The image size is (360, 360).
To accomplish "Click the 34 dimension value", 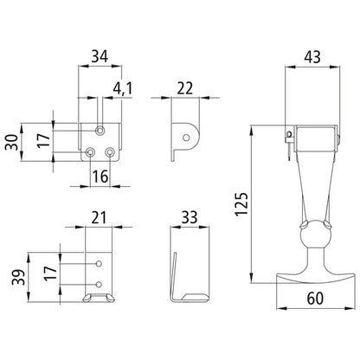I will (99, 58).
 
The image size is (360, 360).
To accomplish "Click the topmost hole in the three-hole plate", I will (102, 131).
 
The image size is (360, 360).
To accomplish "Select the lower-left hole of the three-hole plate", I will (91, 152).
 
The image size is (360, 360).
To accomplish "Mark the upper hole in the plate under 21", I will (99, 263).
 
